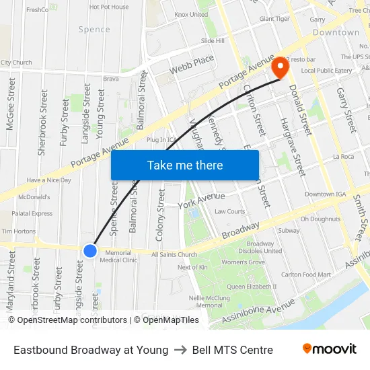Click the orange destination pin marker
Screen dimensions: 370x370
(x=279, y=67)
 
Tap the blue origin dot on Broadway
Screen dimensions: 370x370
(x=90, y=250)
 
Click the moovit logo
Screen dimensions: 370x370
(x=329, y=349)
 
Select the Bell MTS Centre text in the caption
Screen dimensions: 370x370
(x=232, y=350)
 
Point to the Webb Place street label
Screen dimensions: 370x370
(x=192, y=65)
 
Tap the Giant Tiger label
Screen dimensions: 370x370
(x=274, y=19)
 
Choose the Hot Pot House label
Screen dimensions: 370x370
(x=109, y=7)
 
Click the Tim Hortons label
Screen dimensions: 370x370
(x=18, y=231)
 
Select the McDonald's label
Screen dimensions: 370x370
(x=34, y=197)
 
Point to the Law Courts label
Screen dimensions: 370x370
(x=230, y=211)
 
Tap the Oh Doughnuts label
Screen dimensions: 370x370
(x=320, y=219)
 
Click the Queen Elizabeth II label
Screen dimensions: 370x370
(x=252, y=287)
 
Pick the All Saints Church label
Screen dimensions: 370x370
(x=174, y=255)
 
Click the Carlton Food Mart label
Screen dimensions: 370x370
(x=305, y=274)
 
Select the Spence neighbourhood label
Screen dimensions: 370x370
(x=94, y=30)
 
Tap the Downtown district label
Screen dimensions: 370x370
(x=336, y=32)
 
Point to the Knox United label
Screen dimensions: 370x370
(x=191, y=14)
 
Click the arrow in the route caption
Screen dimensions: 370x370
(x=180, y=350)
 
